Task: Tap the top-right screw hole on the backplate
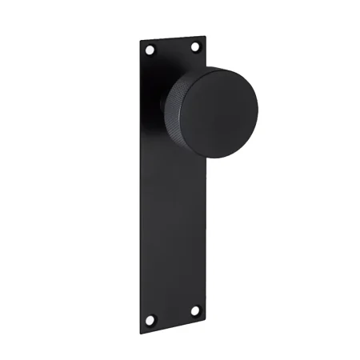click(x=194, y=48)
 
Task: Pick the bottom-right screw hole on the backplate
click(x=195, y=308)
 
